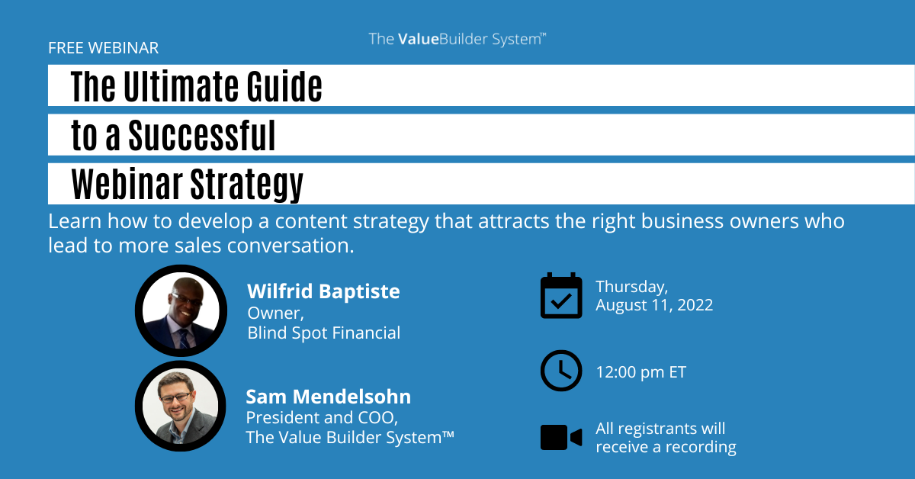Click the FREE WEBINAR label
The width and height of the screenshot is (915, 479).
pos(104,48)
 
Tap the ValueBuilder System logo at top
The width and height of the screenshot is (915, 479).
pos(457,39)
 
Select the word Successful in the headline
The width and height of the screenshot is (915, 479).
pos(202,135)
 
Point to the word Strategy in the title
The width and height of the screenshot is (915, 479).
pos(247,185)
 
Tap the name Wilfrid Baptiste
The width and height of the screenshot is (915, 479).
pos(323,291)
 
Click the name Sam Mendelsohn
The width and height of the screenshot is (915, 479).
pos(329,397)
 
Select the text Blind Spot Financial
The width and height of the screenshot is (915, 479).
pos(324,333)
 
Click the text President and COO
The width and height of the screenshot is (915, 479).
pos(322,418)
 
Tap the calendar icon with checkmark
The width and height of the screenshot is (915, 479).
pos(561,295)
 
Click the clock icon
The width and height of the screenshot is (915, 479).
pos(561,370)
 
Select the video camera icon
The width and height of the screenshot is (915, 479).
pos(561,437)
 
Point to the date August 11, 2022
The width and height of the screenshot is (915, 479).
pos(654,305)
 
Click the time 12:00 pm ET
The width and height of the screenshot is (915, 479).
pos(641,372)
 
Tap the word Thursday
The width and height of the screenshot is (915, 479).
pos(631,287)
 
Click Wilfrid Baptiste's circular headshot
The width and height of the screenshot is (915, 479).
pos(181,310)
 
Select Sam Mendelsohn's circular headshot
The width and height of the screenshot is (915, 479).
pos(181,406)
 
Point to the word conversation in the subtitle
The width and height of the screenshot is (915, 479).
pos(291,246)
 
